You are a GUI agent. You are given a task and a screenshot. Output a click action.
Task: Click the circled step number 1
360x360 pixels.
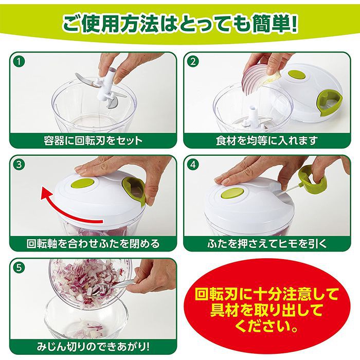click(20, 62)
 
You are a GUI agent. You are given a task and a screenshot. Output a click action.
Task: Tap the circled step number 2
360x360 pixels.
click(193, 62)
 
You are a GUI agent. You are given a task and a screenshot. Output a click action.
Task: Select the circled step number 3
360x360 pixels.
click(20, 165)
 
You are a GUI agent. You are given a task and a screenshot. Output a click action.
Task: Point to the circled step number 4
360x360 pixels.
click(193, 165)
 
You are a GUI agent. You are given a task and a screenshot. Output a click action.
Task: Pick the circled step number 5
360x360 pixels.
click(20, 268)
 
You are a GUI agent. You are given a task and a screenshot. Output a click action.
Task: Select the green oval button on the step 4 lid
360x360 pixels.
click(232, 193)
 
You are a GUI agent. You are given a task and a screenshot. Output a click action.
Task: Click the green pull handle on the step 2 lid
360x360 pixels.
click(329, 101)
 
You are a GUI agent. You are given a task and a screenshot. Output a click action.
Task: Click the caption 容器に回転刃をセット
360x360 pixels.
click(93, 140)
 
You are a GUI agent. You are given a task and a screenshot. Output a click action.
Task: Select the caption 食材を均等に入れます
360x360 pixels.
click(267, 140)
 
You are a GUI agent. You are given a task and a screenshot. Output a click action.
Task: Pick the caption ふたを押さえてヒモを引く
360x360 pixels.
click(267, 244)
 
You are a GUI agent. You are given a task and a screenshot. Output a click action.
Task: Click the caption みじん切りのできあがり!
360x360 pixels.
click(93, 347)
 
